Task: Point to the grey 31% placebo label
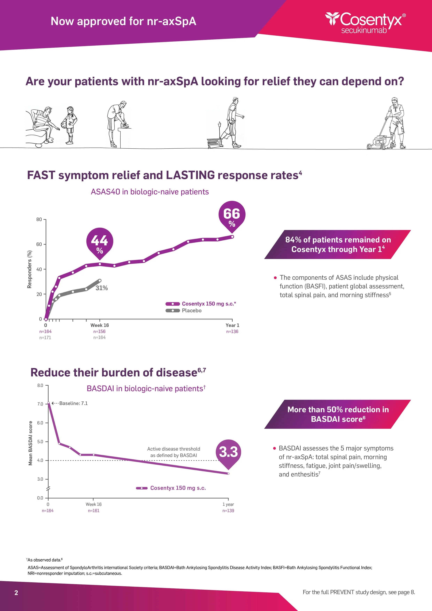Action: (x=102, y=288)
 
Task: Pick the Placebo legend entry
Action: (x=191, y=311)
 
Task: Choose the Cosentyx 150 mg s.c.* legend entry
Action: (x=209, y=304)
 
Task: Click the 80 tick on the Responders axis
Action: (x=39, y=219)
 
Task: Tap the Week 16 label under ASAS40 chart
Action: (x=99, y=325)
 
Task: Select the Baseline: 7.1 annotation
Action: (x=73, y=403)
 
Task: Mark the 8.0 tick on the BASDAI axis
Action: (x=40, y=385)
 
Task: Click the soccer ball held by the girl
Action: (x=64, y=125)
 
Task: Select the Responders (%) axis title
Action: (x=30, y=269)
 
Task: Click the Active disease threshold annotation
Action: (x=173, y=452)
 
